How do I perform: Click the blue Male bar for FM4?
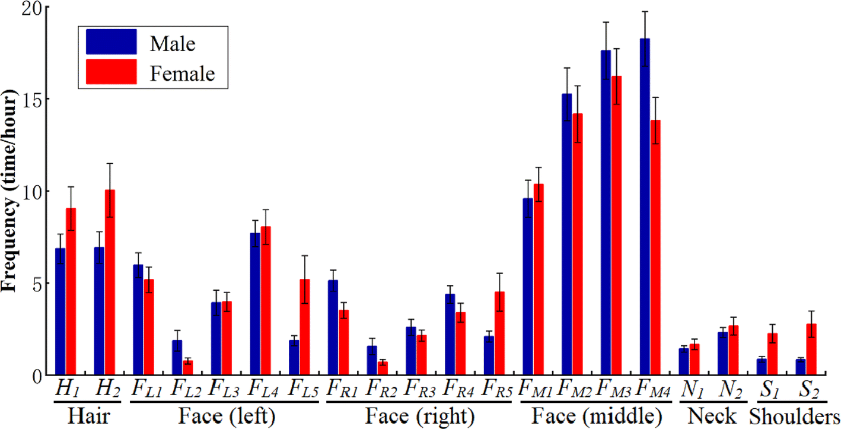coord(645,207)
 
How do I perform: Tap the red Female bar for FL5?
coord(305,327)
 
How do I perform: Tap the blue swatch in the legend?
coord(112,43)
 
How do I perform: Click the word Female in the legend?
coord(182,74)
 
